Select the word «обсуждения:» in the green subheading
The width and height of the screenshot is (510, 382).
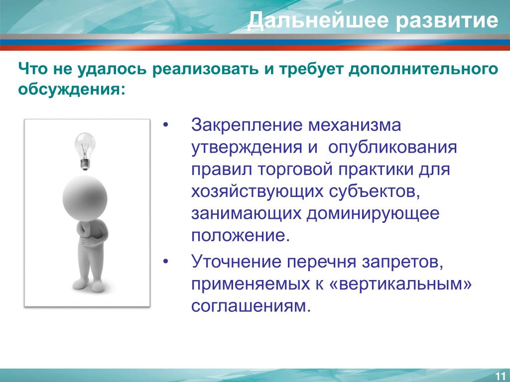click(x=72, y=89)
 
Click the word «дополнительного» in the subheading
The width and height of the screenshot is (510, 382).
click(x=423, y=70)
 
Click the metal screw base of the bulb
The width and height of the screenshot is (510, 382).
click(x=85, y=164)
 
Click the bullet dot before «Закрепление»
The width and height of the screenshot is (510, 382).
click(x=166, y=125)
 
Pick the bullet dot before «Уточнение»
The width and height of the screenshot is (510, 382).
click(x=166, y=262)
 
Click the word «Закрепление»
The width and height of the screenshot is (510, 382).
click(x=247, y=126)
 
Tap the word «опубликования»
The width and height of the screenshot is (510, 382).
click(x=392, y=148)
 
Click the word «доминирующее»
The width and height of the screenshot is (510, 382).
click(x=373, y=214)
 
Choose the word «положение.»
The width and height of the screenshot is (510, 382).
click(x=241, y=236)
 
